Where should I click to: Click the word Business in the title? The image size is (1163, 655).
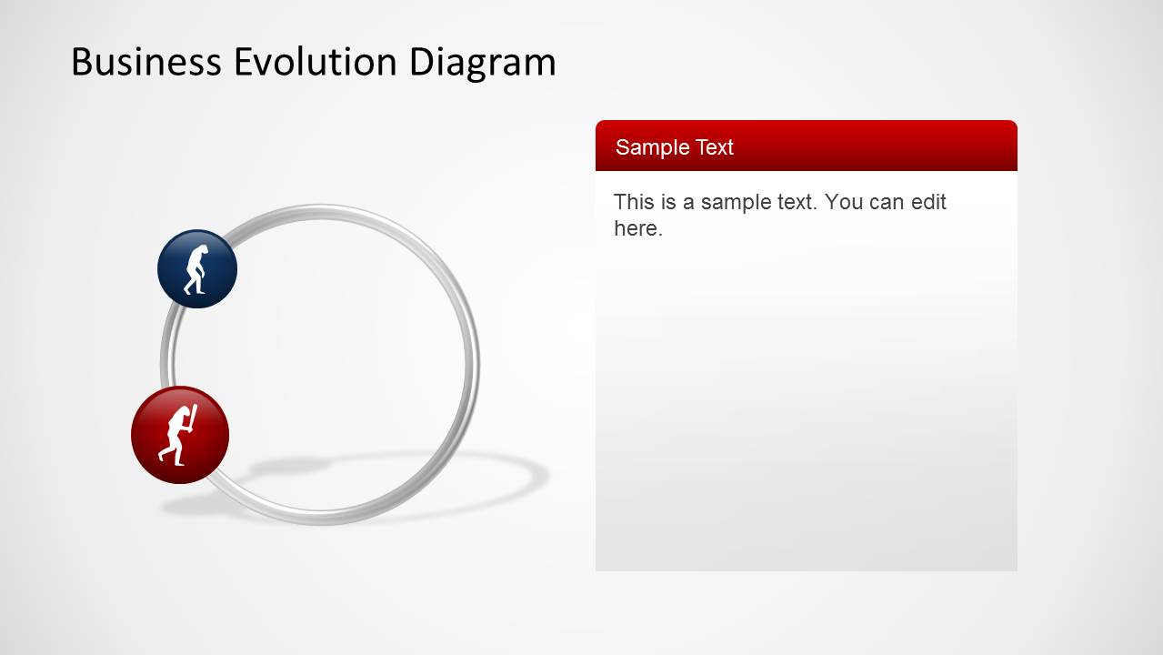point(145,62)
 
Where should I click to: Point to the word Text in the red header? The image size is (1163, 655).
point(714,147)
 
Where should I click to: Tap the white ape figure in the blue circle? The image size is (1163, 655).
point(196,270)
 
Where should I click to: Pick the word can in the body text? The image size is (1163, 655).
point(887,202)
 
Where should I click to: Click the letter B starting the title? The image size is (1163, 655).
point(82,62)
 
